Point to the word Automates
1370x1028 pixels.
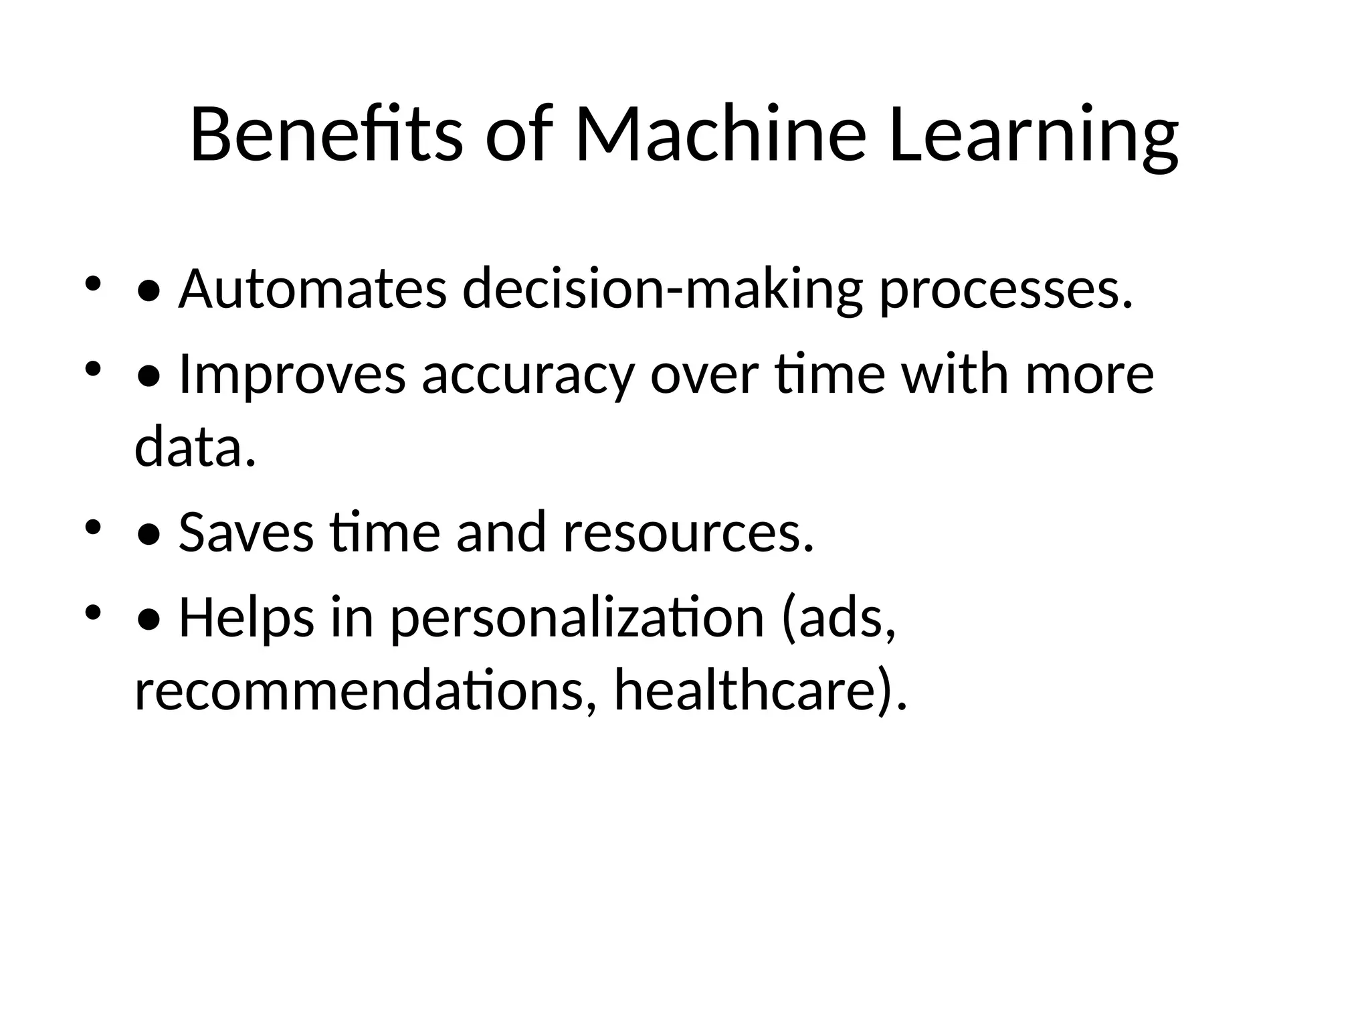[x=312, y=289]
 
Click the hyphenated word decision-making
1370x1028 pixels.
[x=662, y=289]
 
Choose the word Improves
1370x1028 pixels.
[x=292, y=374]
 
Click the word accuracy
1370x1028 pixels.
[x=528, y=374]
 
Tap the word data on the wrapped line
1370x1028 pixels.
[x=195, y=447]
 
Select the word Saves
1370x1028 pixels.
[x=246, y=532]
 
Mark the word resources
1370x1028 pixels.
[x=688, y=532]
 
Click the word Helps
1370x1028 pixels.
[x=246, y=617]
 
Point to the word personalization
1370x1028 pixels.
[x=577, y=617]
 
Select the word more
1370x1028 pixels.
[x=1090, y=374]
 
